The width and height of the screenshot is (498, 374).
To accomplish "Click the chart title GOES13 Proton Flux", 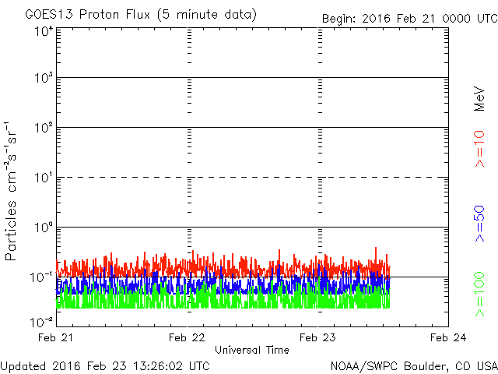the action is point(87,14).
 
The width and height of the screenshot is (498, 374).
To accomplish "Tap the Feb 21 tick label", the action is point(55,337).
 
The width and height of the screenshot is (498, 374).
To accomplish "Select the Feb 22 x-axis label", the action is point(187,337).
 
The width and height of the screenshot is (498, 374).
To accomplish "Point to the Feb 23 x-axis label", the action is point(317,337).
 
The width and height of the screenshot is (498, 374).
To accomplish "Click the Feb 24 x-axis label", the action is point(448,337).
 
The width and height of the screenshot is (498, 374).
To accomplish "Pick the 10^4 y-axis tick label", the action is point(44,31).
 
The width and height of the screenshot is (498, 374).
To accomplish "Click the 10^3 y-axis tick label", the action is point(44,77).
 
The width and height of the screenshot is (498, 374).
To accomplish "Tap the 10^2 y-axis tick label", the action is point(44,127).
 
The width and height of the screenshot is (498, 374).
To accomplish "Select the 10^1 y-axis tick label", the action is point(44,177).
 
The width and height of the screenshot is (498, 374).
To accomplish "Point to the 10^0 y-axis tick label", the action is point(44,227).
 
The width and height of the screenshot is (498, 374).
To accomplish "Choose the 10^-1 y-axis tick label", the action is point(41,277).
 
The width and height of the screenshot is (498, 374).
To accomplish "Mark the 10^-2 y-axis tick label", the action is point(41,322).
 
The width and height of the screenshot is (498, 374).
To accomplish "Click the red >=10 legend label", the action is point(479,149).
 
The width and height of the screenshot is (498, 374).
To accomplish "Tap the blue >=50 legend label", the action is point(479,224).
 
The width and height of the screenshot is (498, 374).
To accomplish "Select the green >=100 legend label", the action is point(479,295).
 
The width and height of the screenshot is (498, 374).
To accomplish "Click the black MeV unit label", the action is point(479,99).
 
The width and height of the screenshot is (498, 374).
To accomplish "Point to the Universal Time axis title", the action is point(252,350).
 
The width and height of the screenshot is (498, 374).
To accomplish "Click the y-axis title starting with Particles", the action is point(11,191).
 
